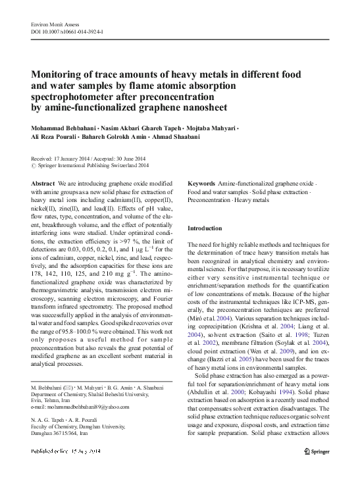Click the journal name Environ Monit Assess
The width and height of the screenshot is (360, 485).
54,23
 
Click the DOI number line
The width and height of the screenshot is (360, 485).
67,31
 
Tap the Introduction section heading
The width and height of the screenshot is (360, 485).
205,228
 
